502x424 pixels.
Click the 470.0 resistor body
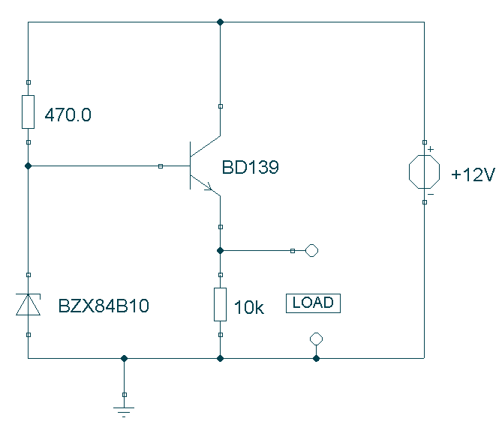[x=29, y=112]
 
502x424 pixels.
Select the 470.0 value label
[x=68, y=115]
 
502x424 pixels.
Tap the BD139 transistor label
[x=250, y=167]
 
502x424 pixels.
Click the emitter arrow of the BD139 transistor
[x=208, y=187]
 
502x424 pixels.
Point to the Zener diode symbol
[x=29, y=304]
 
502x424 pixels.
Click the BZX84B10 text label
[x=104, y=306]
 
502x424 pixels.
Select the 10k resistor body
[x=221, y=304]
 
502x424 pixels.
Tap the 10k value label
[x=249, y=307]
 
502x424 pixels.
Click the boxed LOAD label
[x=313, y=303]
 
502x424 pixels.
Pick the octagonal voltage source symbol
[x=424, y=172]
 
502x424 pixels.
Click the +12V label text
[x=473, y=175]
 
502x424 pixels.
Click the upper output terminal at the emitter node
[x=312, y=250]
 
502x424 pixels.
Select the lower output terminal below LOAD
[x=317, y=339]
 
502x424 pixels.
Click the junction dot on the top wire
[x=221, y=22]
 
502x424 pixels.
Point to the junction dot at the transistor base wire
[x=29, y=166]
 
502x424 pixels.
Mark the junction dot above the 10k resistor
[x=221, y=250]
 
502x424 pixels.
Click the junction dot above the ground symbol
[x=125, y=359]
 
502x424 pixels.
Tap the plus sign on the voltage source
[x=431, y=149]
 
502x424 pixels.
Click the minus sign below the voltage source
[x=431, y=194]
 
